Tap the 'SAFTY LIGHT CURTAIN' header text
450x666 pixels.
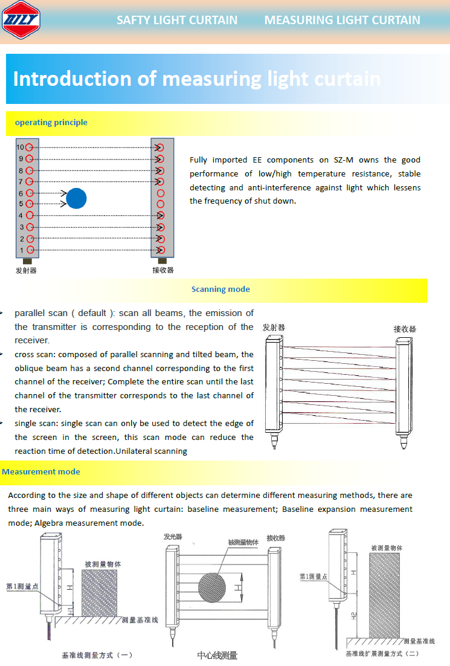pyautogui.click(x=177, y=20)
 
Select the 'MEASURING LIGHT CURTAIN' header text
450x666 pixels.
pyautogui.click(x=342, y=20)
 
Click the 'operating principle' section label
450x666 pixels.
pyautogui.click(x=51, y=123)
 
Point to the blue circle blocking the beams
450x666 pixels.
pyautogui.click(x=76, y=199)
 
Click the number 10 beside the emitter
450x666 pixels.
pyautogui.click(x=20, y=147)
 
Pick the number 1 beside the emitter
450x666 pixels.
pyautogui.click(x=21, y=250)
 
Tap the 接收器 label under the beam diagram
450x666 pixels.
pyautogui.click(x=162, y=270)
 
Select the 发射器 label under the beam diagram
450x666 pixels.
pyautogui.click(x=26, y=270)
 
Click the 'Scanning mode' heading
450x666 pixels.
pyautogui.click(x=220, y=289)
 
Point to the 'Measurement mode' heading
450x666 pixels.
pyautogui.click(x=41, y=472)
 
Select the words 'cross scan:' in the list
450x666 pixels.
pyautogui.click(x=35, y=355)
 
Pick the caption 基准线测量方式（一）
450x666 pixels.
pyautogui.click(x=97, y=655)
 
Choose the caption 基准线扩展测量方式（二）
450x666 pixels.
pyautogui.click(x=382, y=653)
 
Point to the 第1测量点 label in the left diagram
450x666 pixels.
pyautogui.click(x=22, y=586)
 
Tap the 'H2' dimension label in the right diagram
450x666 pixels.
pyautogui.click(x=353, y=616)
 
